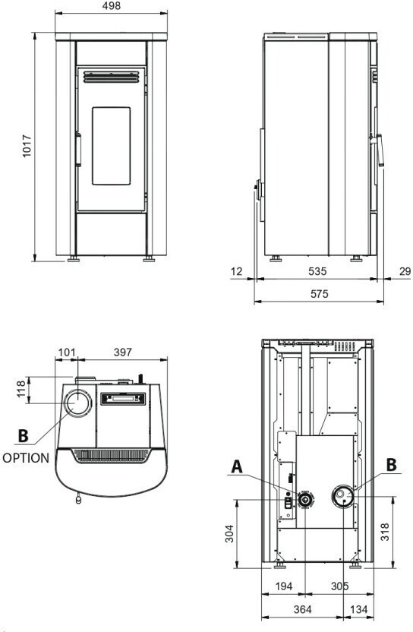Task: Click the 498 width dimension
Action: [111, 5]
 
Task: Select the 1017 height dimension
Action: [27, 146]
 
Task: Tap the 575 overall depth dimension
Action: [320, 294]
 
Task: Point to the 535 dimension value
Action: [317, 271]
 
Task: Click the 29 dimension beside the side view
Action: [405, 271]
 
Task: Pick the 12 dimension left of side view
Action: [237, 271]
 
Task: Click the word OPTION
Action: [26, 458]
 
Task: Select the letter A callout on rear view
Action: [237, 466]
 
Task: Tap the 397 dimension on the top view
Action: [122, 352]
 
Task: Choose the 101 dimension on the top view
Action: [67, 352]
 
